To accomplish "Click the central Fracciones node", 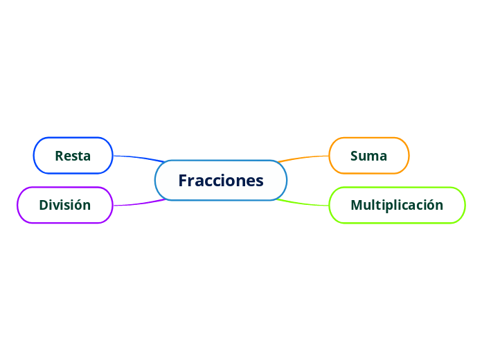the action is (220, 180).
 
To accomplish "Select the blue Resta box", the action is (73, 155).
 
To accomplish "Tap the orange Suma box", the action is (368, 155).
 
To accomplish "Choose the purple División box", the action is (64, 205).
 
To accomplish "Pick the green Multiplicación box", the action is (396, 205).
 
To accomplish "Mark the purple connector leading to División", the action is (139, 204).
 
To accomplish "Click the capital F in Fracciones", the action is (184, 181).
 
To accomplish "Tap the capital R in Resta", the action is (59, 156).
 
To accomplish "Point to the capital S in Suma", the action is (355, 156).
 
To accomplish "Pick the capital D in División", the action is (44, 205).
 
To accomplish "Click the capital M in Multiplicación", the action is (357, 205).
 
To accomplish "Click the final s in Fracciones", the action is (260, 181).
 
